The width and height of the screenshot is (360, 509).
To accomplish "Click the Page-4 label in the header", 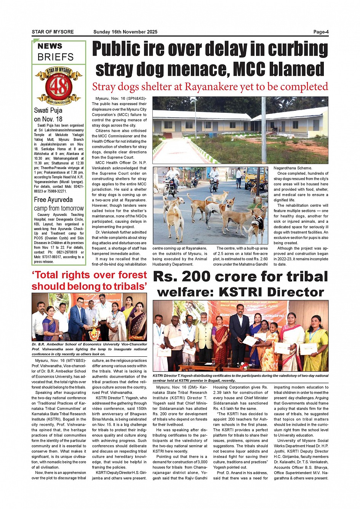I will click(x=321, y=32).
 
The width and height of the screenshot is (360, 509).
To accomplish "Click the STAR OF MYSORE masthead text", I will click(x=53, y=32).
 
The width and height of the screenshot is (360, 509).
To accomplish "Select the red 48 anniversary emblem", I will click(x=59, y=86).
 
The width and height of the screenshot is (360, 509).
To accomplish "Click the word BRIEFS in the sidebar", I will click(x=56, y=57).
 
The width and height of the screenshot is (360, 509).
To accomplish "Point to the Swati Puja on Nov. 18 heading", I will click(x=48, y=115).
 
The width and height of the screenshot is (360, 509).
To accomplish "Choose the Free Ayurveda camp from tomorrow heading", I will click(x=59, y=204).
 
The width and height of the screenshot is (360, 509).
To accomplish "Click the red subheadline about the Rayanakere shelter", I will click(x=210, y=87).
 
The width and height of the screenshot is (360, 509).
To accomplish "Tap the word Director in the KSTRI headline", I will click(x=295, y=292).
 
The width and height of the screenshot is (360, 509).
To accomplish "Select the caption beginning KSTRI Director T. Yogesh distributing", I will click(x=240, y=378).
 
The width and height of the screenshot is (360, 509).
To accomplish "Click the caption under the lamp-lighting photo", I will click(x=89, y=349).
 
